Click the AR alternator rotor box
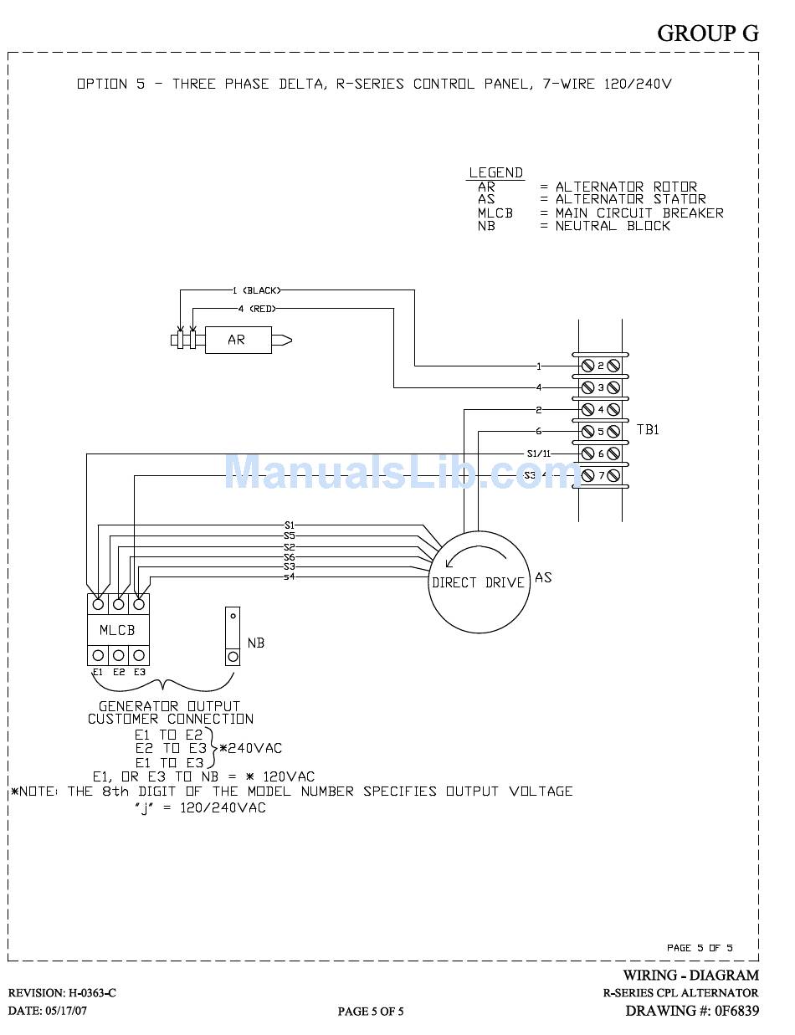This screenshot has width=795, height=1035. coord(238,340)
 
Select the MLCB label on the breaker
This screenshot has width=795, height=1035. coord(118,629)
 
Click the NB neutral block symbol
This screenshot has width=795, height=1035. coord(233,636)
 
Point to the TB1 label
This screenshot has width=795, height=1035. coord(649,429)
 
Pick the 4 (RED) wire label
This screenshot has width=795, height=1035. coord(257,309)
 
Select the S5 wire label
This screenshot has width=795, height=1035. coord(289,535)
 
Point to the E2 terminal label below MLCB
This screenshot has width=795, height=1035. coord(119,672)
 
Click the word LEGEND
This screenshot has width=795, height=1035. coord(496,172)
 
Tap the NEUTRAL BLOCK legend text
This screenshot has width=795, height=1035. coord(613,226)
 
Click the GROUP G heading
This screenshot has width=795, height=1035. coord(708,33)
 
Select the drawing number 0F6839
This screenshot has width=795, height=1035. coord(736,1011)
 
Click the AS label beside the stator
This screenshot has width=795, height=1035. coord(543,577)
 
